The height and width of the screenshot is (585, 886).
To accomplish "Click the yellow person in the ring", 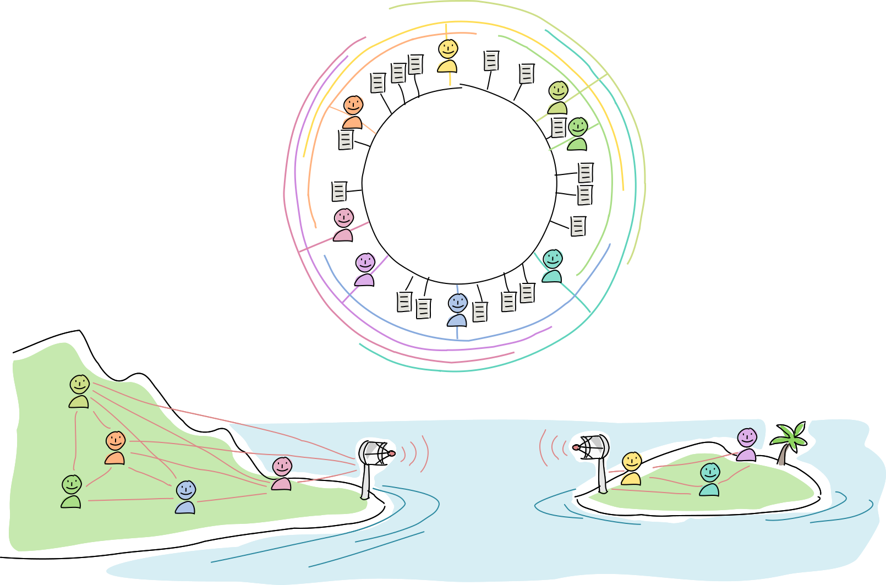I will (448, 56).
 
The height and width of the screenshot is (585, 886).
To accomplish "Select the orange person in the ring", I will (353, 112).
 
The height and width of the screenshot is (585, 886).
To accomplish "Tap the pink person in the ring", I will (344, 225).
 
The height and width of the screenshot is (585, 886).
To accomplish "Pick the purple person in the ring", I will (365, 269).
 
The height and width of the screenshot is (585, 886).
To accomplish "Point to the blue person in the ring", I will (457, 310).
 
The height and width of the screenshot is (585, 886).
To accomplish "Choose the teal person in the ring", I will (552, 266).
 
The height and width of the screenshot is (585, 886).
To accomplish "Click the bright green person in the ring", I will (577, 134).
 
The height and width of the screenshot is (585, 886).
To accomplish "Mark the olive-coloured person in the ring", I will (558, 97).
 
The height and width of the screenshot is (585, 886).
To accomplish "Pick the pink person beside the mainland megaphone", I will (282, 473).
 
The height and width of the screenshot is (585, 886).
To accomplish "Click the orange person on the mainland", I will (115, 447).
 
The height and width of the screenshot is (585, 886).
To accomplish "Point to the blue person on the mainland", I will (185, 497).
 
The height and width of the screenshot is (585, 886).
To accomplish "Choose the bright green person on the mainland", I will (72, 491).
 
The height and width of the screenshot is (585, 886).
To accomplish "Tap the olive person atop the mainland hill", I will (79, 391).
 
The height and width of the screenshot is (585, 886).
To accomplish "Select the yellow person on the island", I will (631, 468).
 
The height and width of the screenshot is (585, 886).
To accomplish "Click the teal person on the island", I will (709, 479).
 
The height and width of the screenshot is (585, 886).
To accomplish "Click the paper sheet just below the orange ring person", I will (345, 140).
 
